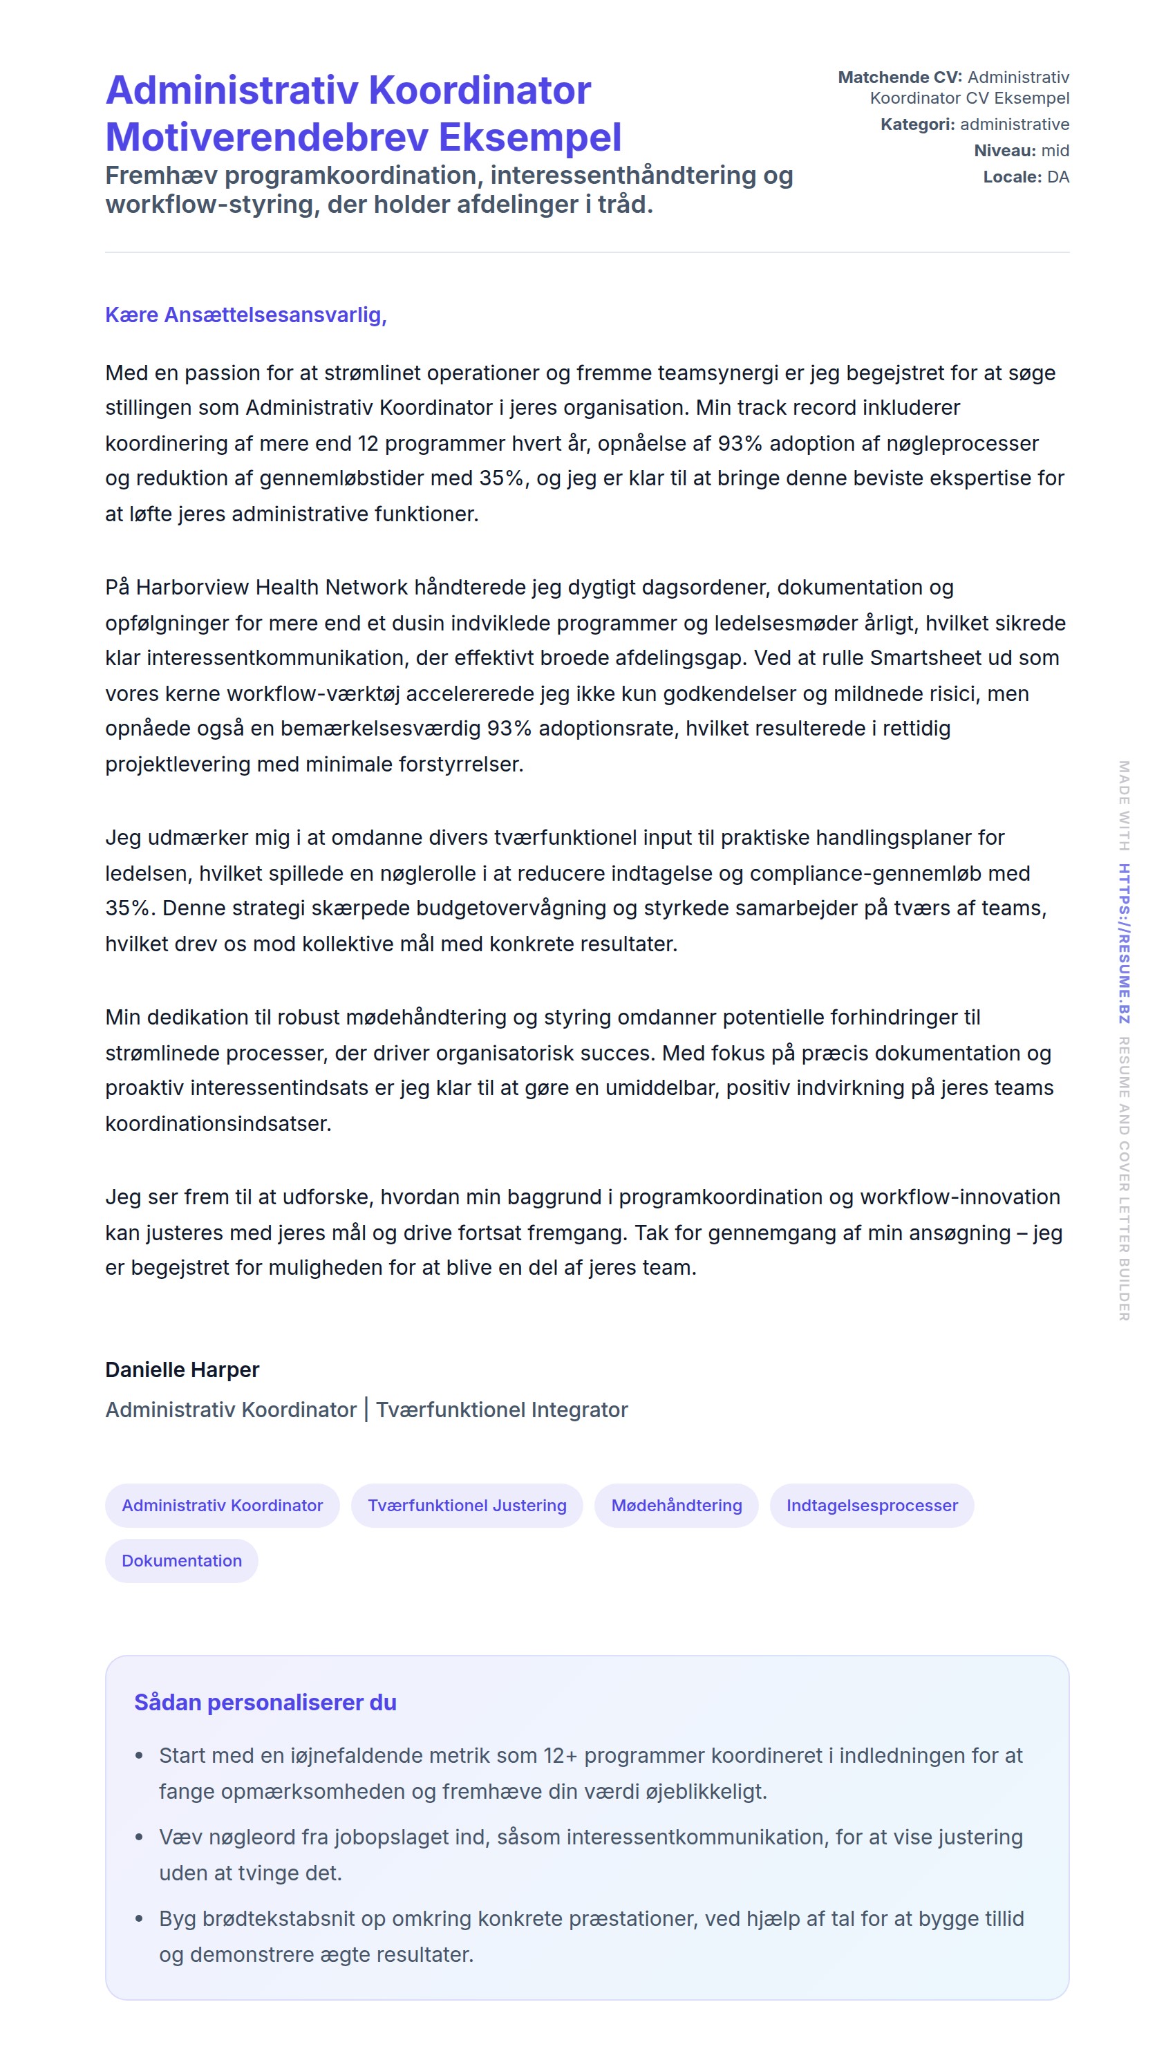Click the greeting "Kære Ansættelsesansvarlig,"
[x=245, y=315]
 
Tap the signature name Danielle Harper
[x=182, y=1369]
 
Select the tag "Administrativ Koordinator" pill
[x=222, y=1505]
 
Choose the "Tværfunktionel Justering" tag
[x=467, y=1505]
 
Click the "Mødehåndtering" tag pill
[x=676, y=1505]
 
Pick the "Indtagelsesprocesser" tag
[x=872, y=1505]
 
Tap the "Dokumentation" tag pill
[x=182, y=1561]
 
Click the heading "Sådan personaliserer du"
[x=265, y=1702]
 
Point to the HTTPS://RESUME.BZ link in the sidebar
[x=1123, y=944]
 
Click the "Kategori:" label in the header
[x=916, y=124]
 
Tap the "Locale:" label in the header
[x=1011, y=177]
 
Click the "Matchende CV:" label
[x=899, y=77]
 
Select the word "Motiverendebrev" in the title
[x=266, y=137]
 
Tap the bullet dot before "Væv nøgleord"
[x=140, y=1837]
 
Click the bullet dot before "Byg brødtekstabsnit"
[x=140, y=1918]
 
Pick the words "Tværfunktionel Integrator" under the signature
[x=501, y=1410]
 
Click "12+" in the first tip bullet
[x=560, y=1757]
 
